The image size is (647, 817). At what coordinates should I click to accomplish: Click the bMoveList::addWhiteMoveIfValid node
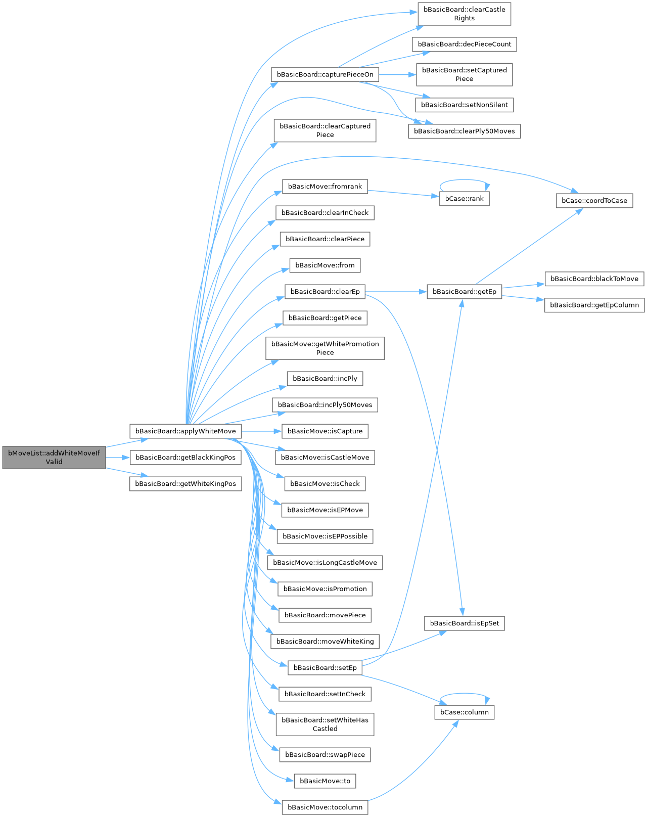pos(54,458)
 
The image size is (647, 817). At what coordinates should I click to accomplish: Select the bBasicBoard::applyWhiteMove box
pos(186,431)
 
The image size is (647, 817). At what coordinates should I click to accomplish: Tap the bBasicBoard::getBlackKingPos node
pos(186,458)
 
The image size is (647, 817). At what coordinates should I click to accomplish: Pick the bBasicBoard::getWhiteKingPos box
pos(186,484)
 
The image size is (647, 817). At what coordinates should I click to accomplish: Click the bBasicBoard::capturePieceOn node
pos(325,74)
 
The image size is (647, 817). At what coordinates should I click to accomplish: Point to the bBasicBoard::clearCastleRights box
pos(464,14)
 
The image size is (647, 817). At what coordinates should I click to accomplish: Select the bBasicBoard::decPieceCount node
pos(464,44)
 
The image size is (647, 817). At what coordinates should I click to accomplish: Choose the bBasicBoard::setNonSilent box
pos(464,105)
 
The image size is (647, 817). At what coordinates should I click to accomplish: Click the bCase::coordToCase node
pos(594,201)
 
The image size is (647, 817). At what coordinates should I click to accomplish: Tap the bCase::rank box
pos(464,199)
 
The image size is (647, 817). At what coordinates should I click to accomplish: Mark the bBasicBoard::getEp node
pos(464,292)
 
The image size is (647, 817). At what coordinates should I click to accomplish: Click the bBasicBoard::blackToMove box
pos(594,279)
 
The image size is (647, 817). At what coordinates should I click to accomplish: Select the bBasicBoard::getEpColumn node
pos(594,305)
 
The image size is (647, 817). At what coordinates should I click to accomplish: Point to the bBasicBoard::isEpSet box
pos(464,623)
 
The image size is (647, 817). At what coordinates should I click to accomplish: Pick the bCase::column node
pos(464,712)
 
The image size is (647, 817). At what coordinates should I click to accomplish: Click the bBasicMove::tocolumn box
pos(325,807)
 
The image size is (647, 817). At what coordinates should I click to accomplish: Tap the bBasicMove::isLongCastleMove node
pos(325,563)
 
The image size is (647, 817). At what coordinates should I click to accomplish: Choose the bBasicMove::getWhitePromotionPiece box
pos(325,348)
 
